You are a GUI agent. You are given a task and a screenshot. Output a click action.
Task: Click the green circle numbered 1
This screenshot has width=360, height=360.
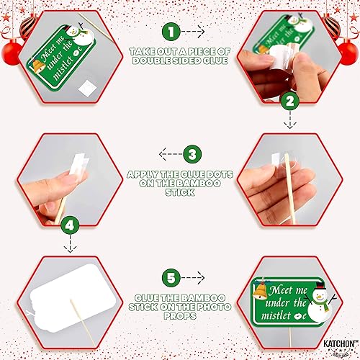click(171, 32)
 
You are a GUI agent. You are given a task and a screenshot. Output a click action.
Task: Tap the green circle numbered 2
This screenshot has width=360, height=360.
click(290, 101)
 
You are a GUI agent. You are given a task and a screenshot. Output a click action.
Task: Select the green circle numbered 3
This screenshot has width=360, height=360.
click(192, 154)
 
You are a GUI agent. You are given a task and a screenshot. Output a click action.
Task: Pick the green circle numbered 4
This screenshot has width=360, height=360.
click(70, 225)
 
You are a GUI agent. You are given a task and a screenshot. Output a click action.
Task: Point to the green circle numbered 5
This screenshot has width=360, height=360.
click(171, 278)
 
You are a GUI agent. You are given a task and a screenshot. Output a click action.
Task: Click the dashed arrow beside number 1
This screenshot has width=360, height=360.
click(193, 32)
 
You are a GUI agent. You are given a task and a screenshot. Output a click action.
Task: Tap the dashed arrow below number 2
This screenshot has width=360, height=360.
click(290, 120)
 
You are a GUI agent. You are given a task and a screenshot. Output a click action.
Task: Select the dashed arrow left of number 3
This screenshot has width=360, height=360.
click(171, 154)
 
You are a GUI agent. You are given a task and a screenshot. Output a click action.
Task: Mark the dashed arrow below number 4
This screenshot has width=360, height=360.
click(70, 244)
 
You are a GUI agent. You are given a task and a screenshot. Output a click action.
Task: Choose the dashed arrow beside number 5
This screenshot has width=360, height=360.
click(193, 278)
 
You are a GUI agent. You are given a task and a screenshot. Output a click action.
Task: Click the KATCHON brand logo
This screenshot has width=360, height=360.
click(339, 346)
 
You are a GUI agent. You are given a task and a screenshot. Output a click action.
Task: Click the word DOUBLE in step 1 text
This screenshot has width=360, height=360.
click(151, 60)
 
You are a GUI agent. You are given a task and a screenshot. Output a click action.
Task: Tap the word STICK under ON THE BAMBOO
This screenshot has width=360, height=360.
click(180, 192)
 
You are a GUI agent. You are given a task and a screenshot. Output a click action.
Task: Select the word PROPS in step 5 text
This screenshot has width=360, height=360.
click(180, 316)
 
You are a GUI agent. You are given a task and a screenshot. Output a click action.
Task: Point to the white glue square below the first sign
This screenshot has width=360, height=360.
click(87, 88)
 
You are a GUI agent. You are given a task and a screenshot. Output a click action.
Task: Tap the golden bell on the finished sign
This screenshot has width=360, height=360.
click(261, 290)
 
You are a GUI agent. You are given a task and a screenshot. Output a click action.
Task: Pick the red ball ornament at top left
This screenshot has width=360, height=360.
click(12, 53)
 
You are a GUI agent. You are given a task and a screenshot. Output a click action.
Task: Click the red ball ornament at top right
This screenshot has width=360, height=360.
click(348, 53)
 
